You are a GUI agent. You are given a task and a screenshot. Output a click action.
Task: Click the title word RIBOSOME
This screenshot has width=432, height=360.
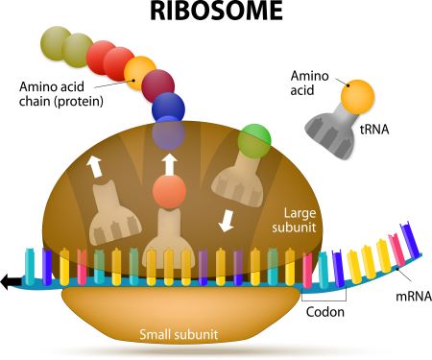click(216, 13)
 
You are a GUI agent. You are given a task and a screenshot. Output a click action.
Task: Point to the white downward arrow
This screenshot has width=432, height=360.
click(227, 220)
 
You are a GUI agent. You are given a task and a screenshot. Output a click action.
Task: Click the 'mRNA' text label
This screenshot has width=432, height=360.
click(401, 298)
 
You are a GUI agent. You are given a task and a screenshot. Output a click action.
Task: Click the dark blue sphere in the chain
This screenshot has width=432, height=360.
click(168, 107)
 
